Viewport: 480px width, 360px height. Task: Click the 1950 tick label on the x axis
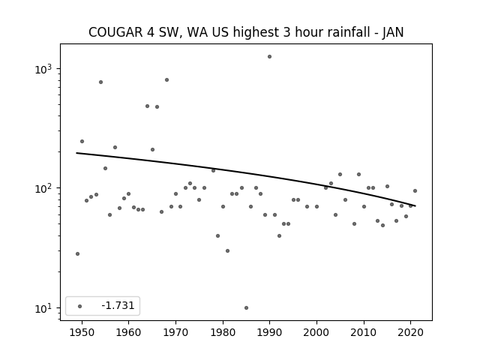pyautogui.click(x=82, y=332)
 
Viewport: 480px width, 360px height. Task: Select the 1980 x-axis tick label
pyautogui.click(x=223, y=332)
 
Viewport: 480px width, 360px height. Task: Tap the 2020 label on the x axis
pyautogui.click(x=411, y=332)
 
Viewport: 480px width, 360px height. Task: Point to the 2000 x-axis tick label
pyautogui.click(x=316, y=332)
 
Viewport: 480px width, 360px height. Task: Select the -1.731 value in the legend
pyautogui.click(x=118, y=305)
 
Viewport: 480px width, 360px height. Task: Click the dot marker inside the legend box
pyautogui.click(x=80, y=306)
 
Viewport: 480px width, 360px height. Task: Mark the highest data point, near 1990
pyautogui.click(x=269, y=57)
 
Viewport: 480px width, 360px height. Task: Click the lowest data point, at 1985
pyautogui.click(x=246, y=307)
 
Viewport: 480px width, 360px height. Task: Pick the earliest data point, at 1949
pyautogui.click(x=77, y=253)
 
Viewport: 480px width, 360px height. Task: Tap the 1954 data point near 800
pyautogui.click(x=100, y=82)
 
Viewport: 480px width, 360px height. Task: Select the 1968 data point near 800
pyautogui.click(x=166, y=80)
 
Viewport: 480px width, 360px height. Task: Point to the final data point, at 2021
pyautogui.click(x=415, y=190)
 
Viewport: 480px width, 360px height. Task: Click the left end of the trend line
pyautogui.click(x=76, y=153)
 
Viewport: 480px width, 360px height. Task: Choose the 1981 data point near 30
pyautogui.click(x=227, y=250)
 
